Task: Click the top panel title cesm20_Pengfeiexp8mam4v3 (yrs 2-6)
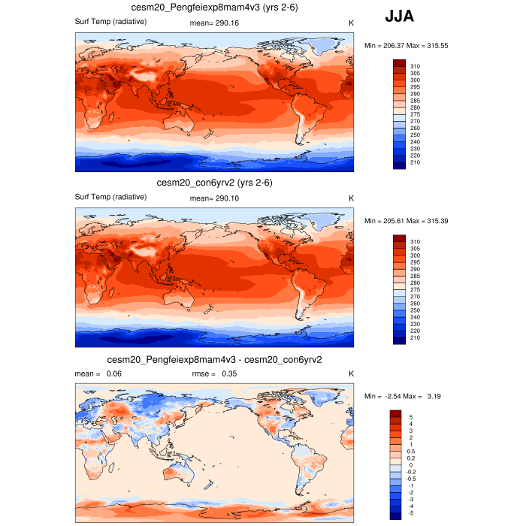coord(216,8)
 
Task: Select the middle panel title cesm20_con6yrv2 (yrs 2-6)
coord(214,183)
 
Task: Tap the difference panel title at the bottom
coord(215,360)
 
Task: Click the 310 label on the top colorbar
coord(415,66)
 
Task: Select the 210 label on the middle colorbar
coord(415,337)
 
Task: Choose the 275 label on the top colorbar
coord(415,114)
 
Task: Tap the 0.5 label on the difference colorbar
coord(411,451)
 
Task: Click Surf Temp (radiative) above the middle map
coord(110,197)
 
